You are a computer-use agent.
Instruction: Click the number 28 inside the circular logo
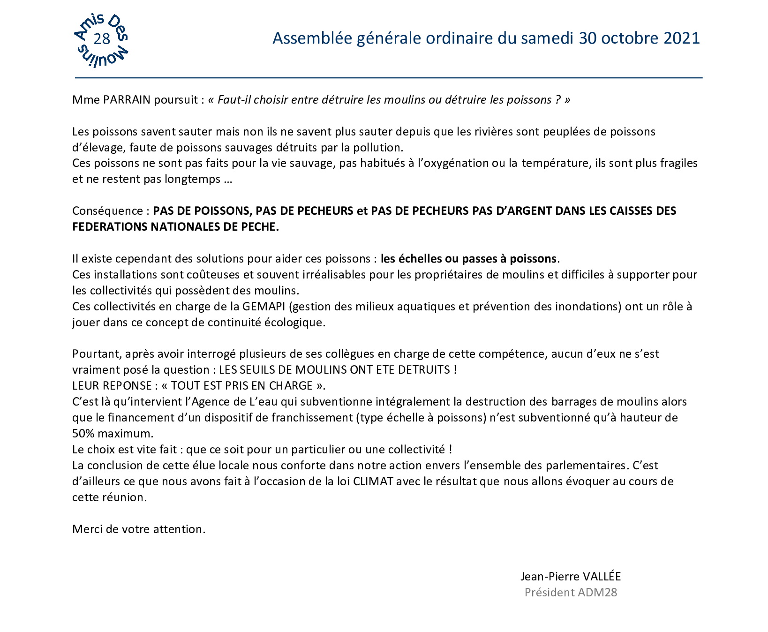pyautogui.click(x=102, y=39)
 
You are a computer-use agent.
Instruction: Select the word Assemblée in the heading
pyautogui.click(x=312, y=38)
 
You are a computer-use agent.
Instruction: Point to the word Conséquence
pyautogui.click(x=107, y=211)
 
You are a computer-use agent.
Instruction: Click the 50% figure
pyautogui.click(x=83, y=433)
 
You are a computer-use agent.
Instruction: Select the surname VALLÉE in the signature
pyautogui.click(x=602, y=577)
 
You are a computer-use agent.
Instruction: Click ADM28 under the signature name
pyautogui.click(x=597, y=593)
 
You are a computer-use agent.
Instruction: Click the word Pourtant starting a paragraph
pyautogui.click(x=94, y=354)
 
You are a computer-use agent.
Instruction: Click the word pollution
pyautogui.click(x=378, y=148)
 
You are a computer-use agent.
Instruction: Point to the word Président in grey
pyautogui.click(x=549, y=593)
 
